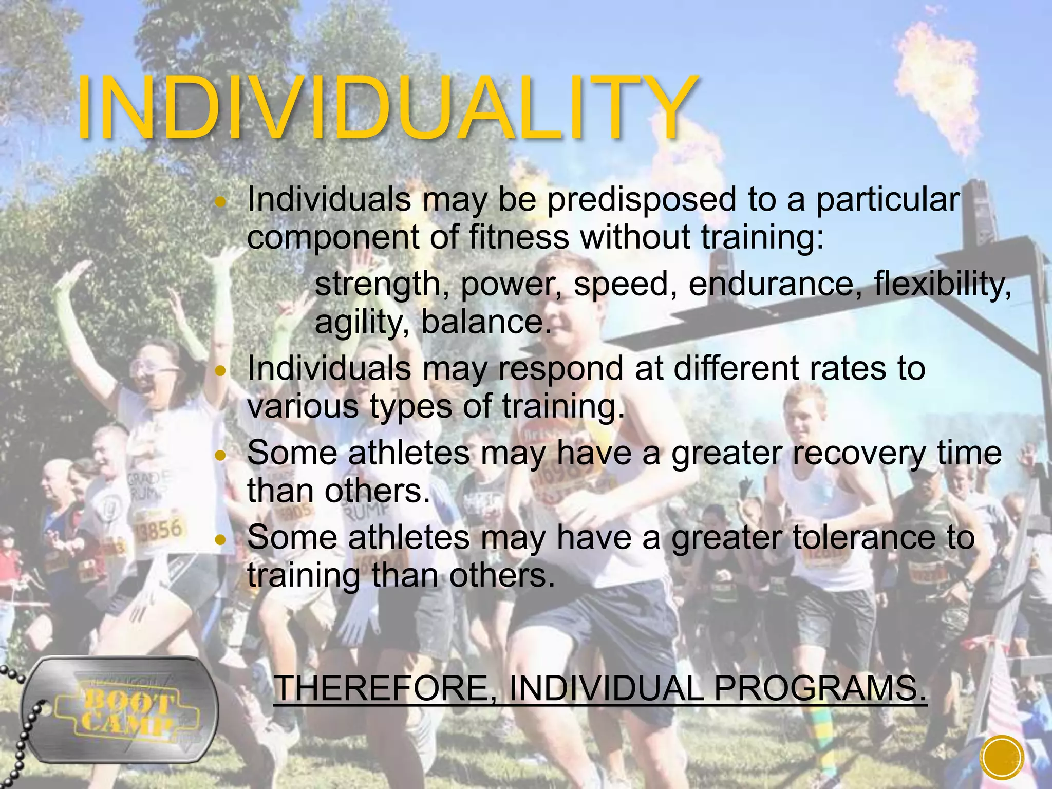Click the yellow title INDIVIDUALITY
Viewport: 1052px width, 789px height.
385,109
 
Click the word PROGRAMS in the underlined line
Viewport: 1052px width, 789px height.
820,688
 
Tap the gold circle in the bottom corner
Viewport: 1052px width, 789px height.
1002,757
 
